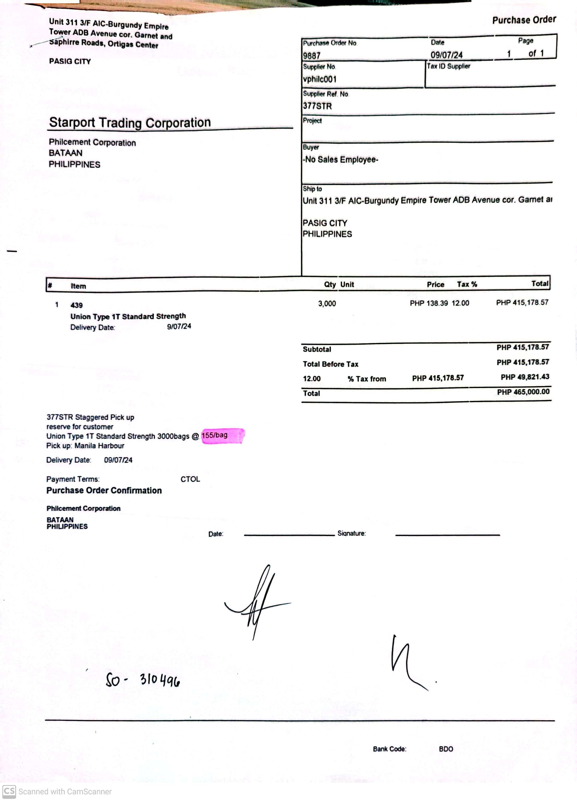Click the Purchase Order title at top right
click(x=524, y=20)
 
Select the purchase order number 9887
click(x=311, y=56)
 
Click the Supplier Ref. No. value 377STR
click(x=317, y=106)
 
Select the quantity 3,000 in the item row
click(x=327, y=303)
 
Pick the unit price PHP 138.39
click(x=429, y=303)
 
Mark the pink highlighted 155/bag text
click(x=215, y=435)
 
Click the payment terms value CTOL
click(x=190, y=479)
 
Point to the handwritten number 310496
click(x=160, y=679)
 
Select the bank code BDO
click(x=446, y=749)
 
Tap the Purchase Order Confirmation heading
click(x=104, y=491)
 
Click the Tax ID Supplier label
click(x=448, y=66)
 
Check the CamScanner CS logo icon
click(x=9, y=791)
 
